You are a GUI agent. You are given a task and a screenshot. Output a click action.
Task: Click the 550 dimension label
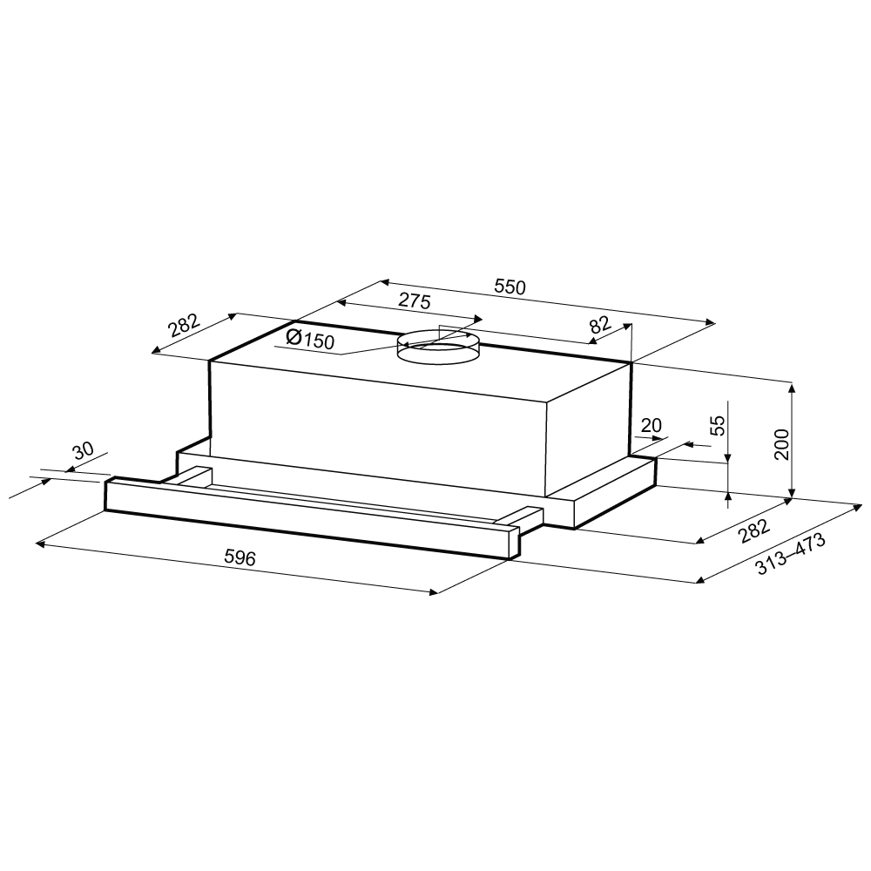(x=510, y=287)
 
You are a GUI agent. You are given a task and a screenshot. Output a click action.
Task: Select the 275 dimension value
(x=415, y=301)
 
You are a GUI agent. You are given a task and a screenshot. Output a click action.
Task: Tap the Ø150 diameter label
(x=311, y=338)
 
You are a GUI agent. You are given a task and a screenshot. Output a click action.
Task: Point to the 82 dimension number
(x=600, y=324)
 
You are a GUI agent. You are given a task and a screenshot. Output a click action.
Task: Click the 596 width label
(x=240, y=557)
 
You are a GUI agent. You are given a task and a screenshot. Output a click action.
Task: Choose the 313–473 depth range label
(x=791, y=554)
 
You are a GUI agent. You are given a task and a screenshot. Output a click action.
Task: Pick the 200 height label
(x=781, y=444)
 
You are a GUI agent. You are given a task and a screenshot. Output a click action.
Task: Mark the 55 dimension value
(x=719, y=426)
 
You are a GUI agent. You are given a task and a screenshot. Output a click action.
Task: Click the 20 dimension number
(x=651, y=426)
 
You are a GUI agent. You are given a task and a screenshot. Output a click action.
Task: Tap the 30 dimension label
(x=84, y=450)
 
